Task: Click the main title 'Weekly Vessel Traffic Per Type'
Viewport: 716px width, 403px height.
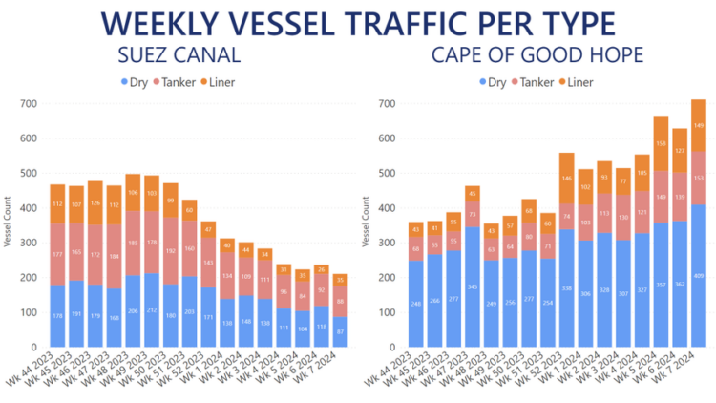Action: (358, 23)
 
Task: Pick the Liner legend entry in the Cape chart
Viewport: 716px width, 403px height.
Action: (576, 82)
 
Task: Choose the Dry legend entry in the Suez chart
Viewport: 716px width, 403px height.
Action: (133, 82)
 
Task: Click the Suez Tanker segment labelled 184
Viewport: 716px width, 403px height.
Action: (114, 257)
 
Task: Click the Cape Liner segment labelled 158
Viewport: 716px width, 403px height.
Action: (660, 143)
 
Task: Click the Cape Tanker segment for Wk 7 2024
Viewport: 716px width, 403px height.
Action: (698, 178)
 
